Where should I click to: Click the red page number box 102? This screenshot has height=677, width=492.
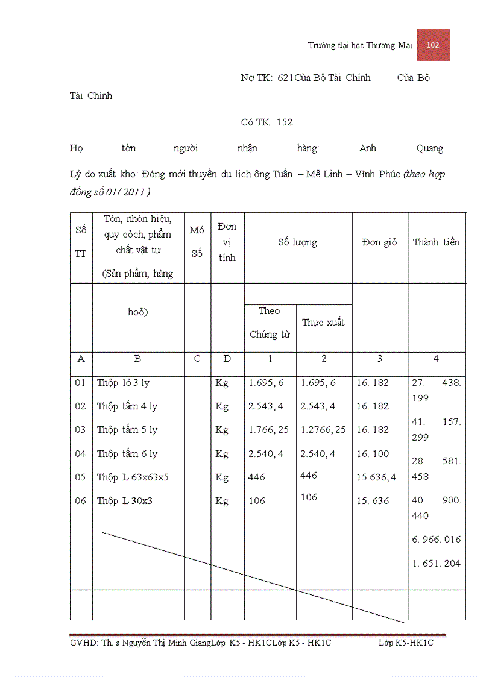(433, 45)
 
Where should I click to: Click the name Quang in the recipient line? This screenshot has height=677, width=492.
(429, 148)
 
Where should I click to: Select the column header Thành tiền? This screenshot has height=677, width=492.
(436, 242)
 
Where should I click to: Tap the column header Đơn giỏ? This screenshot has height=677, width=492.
(379, 242)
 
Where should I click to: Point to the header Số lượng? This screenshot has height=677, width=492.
(297, 242)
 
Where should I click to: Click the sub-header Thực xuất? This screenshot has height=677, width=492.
(323, 323)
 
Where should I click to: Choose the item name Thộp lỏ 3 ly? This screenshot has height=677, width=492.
(123, 383)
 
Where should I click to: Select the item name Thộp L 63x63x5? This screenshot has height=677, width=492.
(133, 477)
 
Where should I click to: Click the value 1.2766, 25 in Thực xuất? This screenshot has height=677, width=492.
(323, 430)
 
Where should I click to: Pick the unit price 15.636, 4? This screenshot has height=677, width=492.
(376, 477)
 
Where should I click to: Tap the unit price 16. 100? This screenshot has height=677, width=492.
(373, 454)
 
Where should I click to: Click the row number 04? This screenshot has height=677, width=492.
(81, 454)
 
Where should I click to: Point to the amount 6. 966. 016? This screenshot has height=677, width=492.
(437, 540)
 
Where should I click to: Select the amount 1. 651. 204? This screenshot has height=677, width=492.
(437, 564)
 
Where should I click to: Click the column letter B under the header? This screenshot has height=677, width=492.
(137, 359)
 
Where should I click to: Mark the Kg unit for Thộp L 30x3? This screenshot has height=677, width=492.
(222, 501)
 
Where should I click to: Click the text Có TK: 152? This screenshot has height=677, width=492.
(266, 122)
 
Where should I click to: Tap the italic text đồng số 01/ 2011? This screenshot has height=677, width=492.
(110, 192)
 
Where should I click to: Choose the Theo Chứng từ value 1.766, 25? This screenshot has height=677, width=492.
(268, 430)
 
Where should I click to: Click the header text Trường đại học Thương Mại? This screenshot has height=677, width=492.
(359, 45)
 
